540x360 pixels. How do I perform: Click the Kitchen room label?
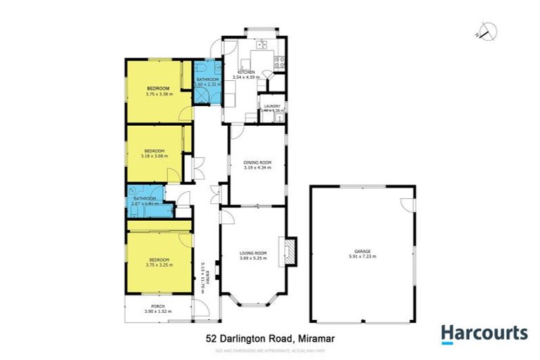click(245, 72)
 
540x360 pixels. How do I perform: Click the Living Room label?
click(252, 252)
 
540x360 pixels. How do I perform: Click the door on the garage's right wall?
click(407, 204)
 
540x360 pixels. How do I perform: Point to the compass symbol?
click(487, 30)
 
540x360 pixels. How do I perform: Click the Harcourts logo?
click(484, 334)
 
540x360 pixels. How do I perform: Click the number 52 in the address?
click(212, 338)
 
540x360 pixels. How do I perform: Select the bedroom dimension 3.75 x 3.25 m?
click(157, 265)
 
